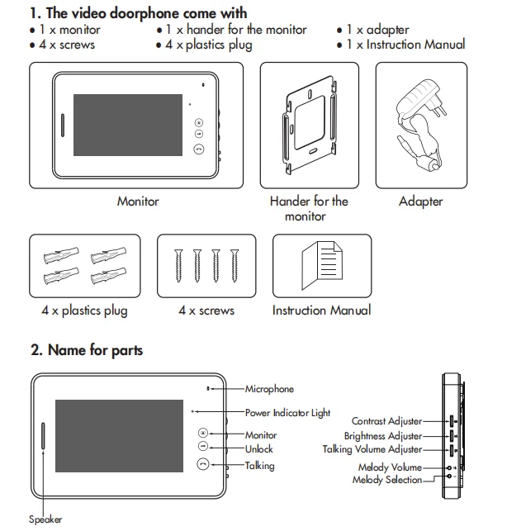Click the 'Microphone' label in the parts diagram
tap(269, 389)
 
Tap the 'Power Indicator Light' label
tap(287, 413)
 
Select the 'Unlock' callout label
tap(258, 449)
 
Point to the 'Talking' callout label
tap(260, 466)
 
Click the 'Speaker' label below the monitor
tap(45, 519)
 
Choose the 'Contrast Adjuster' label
tap(386, 421)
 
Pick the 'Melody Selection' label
tap(387, 480)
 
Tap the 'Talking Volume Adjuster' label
tap(372, 449)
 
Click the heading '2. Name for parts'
tap(87, 350)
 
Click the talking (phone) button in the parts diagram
tap(203, 464)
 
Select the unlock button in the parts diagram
tap(203, 446)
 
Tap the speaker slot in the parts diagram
tap(43, 436)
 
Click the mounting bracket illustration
tap(310, 125)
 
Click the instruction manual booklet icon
tap(322, 266)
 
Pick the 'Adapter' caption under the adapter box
tap(421, 201)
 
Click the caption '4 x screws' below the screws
tap(206, 311)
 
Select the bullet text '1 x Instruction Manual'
tap(405, 45)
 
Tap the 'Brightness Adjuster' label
tap(383, 436)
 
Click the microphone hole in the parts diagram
tap(208, 388)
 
